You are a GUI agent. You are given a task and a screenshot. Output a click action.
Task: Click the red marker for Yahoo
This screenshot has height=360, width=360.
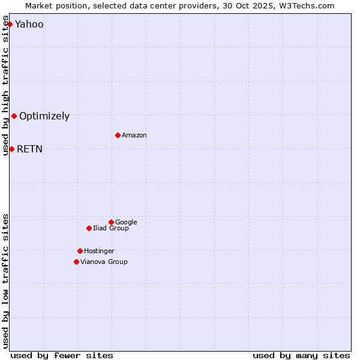pos(10,24)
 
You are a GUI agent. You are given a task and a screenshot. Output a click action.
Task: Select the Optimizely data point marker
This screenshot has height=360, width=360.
pos(14,116)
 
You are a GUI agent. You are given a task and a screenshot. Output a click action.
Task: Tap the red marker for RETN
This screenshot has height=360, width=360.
pos(11,149)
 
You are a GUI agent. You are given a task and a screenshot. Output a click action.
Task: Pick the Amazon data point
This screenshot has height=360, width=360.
pos(118,135)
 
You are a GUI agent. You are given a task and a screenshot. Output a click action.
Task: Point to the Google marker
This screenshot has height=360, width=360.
pos(111,222)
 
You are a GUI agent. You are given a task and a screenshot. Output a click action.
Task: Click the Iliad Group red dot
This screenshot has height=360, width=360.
pos(89,228)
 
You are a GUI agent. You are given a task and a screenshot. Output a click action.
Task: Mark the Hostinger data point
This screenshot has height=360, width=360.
pos(80,251)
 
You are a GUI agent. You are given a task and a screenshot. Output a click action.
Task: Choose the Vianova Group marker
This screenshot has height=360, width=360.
pos(76,262)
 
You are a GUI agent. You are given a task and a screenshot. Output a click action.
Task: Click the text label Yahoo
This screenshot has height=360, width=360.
pos(29,25)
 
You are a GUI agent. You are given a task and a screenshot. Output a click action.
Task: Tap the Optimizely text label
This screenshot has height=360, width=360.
pos(44,116)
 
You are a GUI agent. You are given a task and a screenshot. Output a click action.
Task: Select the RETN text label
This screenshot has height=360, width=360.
pos(30,149)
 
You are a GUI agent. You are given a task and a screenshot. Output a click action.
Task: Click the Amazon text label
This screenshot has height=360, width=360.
pos(134,136)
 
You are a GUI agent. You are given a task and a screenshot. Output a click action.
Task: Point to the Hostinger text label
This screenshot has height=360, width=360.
pos(99,251)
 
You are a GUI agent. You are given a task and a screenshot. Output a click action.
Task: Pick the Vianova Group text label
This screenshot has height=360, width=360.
pos(104,262)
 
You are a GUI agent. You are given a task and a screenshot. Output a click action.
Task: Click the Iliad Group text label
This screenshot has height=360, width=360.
pos(111,228)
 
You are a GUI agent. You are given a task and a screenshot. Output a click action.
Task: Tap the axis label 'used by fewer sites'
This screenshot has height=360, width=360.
pos(62,355)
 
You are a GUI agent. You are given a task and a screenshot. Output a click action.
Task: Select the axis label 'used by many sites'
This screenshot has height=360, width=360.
pos(301,355)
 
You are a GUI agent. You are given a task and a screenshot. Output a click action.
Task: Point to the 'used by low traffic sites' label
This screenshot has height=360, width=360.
pos(5,281)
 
